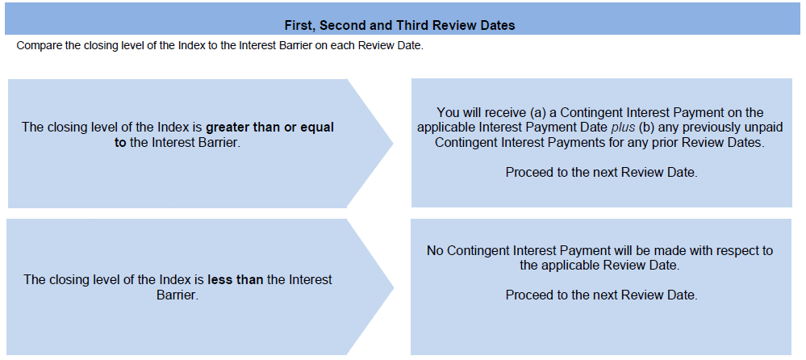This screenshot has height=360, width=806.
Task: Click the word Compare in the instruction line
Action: [x=37, y=45]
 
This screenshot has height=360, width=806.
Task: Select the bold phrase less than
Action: [x=236, y=280]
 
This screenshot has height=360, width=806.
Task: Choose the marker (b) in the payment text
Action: [x=646, y=128]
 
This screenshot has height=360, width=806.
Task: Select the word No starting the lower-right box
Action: [x=435, y=251]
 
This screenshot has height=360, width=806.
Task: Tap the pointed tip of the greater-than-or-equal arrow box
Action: [x=393, y=144]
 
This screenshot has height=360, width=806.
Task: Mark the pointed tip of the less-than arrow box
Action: [x=394, y=287]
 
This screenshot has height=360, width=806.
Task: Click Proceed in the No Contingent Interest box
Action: [x=527, y=295]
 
